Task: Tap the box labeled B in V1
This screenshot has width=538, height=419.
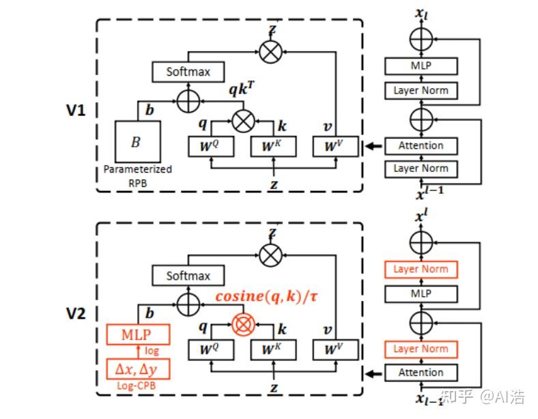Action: [138, 141]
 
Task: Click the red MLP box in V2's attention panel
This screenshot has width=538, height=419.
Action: [138, 335]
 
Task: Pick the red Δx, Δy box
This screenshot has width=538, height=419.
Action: [138, 369]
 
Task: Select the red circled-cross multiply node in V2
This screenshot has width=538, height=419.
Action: [243, 325]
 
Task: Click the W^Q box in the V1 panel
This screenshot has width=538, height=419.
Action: [211, 146]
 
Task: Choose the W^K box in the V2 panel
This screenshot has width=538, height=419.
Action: [274, 350]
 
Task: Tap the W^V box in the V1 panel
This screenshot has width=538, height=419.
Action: [335, 146]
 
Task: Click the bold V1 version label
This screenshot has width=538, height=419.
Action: [75, 109]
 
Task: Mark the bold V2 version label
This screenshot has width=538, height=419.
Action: [75, 313]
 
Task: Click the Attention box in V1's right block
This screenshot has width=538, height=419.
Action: [421, 145]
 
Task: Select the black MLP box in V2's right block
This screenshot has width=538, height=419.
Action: [421, 293]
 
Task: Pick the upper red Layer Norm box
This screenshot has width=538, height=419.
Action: [421, 269]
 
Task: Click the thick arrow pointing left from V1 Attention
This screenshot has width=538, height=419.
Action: [372, 145]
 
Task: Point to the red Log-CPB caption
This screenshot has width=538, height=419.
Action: [138, 387]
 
